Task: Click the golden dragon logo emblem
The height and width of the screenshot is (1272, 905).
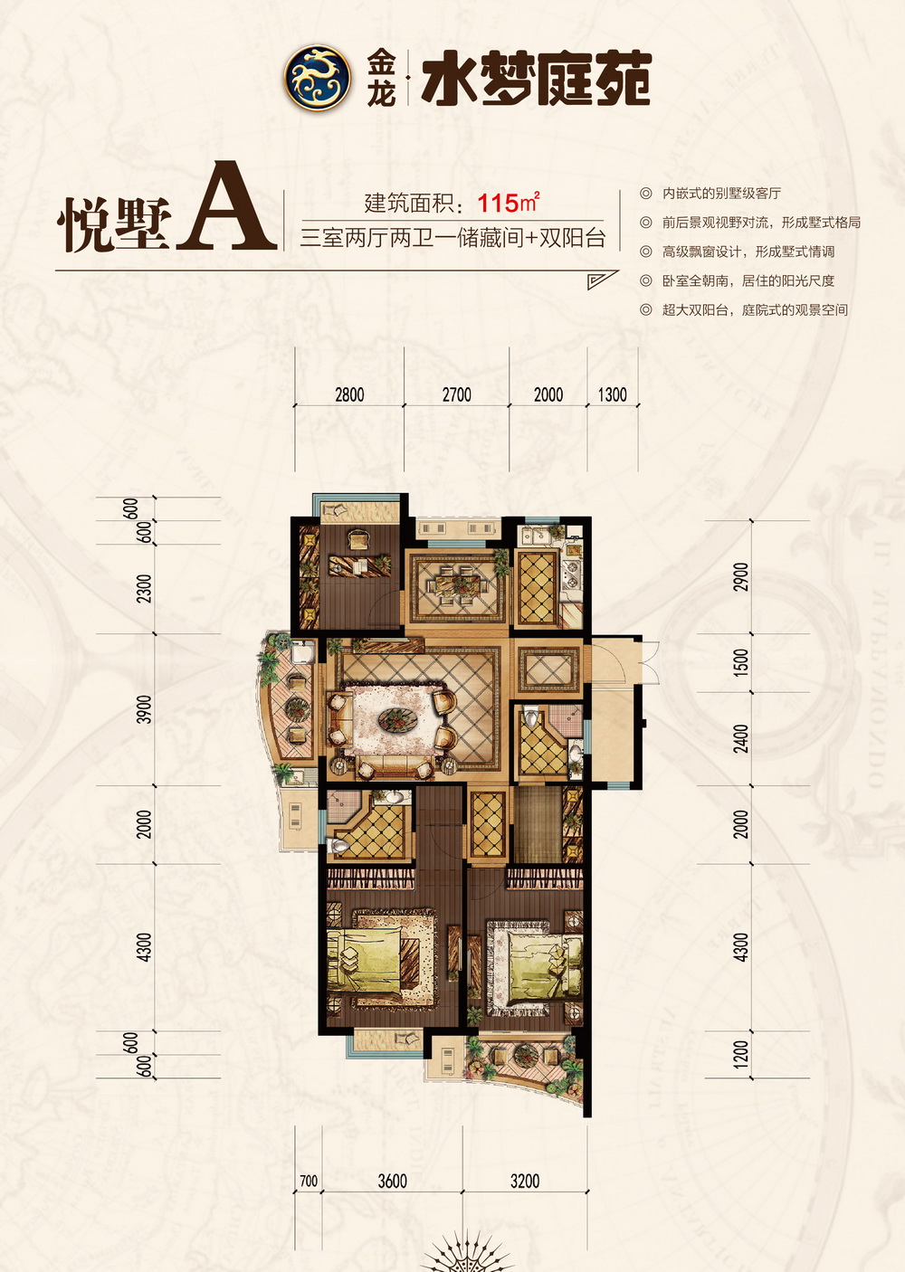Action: tap(317, 78)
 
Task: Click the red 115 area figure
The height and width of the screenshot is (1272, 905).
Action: tap(499, 203)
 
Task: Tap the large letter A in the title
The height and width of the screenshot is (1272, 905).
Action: tap(226, 206)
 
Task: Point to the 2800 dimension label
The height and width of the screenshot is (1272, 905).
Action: tap(349, 394)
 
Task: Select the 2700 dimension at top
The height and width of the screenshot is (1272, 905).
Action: tap(457, 394)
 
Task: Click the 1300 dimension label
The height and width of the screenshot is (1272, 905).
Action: tap(613, 394)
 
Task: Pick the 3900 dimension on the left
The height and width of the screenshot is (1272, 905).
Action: tap(146, 709)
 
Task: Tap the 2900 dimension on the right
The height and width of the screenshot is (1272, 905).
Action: tap(741, 576)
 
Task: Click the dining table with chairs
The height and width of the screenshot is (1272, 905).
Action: tap(458, 584)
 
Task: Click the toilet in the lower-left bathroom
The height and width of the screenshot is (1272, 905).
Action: tap(340, 846)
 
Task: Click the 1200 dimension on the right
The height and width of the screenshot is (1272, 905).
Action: tap(741, 1054)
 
